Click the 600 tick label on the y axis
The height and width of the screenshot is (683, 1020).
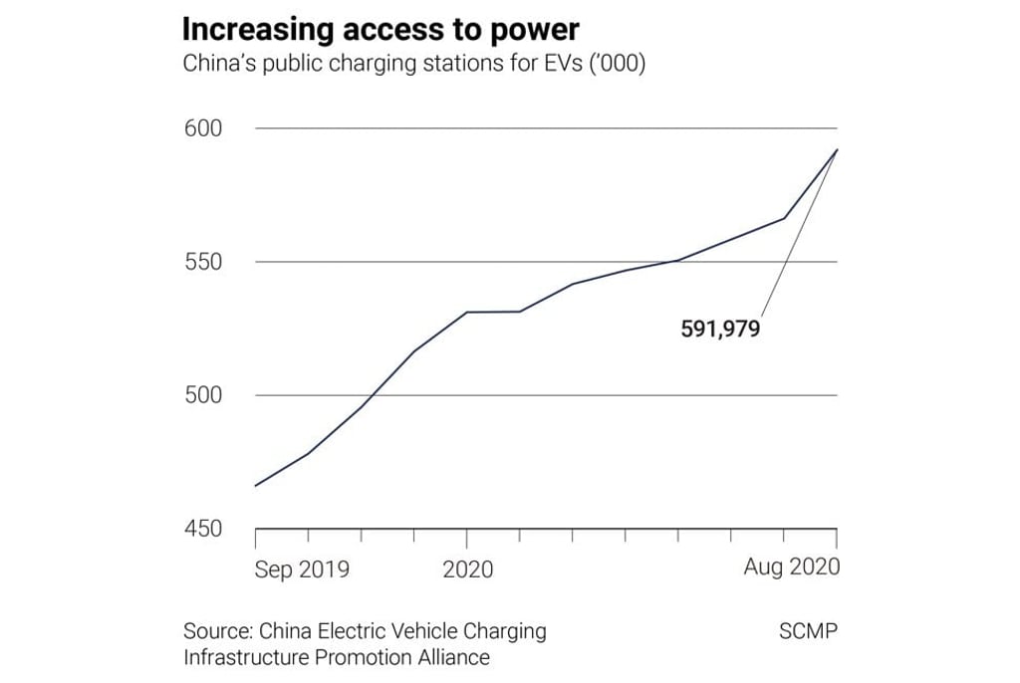(202, 128)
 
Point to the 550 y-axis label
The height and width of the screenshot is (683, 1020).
(202, 262)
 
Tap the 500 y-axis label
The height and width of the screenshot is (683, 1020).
(202, 395)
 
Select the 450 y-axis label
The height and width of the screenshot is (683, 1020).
(202, 529)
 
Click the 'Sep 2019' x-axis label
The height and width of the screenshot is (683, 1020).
(302, 569)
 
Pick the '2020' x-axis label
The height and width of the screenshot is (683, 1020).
(467, 569)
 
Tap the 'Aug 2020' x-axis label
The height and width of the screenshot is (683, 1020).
(792, 568)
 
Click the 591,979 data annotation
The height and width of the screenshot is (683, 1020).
(720, 329)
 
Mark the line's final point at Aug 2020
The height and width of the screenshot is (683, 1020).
(837, 149)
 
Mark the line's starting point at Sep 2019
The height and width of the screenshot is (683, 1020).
(256, 486)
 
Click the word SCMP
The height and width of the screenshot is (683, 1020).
(808, 631)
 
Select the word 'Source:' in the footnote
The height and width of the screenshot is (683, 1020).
(217, 631)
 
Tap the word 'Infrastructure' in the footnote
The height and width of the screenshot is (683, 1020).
(247, 657)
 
